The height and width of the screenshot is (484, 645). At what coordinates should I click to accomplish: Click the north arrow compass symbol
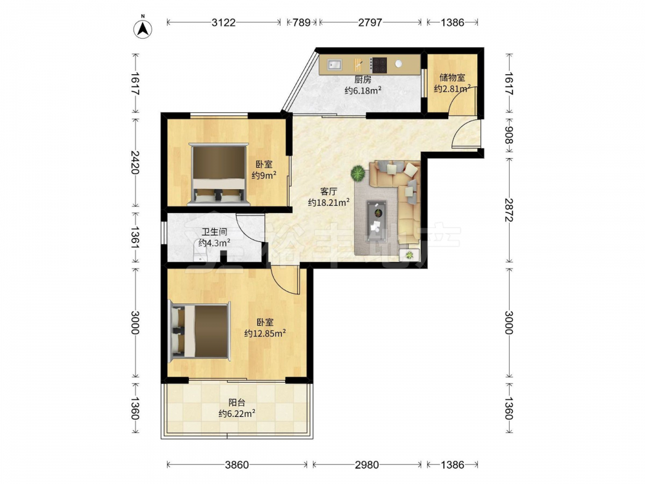pos(143,28)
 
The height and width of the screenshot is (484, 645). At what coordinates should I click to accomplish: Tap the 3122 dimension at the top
pos(224,22)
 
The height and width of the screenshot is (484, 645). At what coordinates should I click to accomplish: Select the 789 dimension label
pos(301,22)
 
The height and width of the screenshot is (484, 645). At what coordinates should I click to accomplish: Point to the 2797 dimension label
pos(370,22)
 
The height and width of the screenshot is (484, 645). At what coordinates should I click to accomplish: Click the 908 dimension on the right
pos(509,135)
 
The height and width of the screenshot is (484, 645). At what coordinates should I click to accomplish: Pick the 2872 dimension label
pos(509,210)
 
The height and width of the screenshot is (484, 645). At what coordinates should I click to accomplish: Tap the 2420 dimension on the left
pos(135,162)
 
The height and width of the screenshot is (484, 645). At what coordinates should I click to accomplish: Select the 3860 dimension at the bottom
pos(237,465)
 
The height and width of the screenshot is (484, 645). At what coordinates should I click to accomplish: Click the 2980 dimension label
pos(366,465)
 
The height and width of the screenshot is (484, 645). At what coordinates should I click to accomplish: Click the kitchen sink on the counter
pos(335,64)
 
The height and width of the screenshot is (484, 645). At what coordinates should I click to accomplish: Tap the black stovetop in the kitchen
pos(379,64)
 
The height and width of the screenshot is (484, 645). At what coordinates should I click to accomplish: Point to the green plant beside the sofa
pos(358,173)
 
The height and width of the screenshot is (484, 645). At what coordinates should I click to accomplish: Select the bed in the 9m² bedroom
pos(219,174)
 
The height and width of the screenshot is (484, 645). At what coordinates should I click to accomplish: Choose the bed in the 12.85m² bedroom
pos(200,330)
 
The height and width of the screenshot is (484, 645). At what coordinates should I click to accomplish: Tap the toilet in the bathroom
pos(201,251)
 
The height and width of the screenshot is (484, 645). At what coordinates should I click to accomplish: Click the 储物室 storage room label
pos(452,77)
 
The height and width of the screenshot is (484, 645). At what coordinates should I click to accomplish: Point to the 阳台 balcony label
pos(237,403)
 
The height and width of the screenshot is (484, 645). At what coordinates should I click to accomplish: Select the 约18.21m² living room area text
pos(329,202)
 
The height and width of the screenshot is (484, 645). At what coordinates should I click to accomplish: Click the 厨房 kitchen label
pos(362,79)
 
